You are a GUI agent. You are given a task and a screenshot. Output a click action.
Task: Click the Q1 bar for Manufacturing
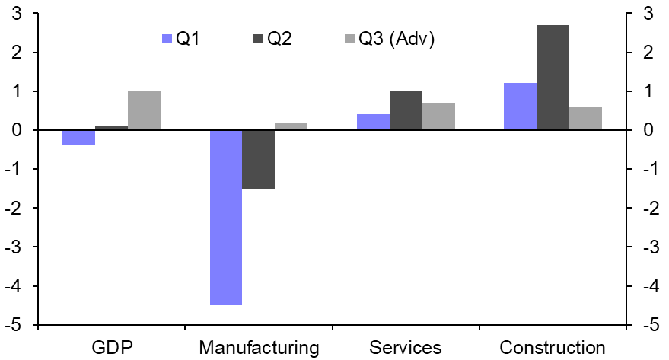pyautogui.click(x=225, y=218)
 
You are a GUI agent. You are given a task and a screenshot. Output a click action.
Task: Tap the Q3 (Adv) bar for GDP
pyautogui.click(x=144, y=111)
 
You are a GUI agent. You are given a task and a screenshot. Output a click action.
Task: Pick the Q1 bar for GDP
pyautogui.click(x=78, y=138)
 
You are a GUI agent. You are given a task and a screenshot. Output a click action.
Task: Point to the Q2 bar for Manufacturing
pyautogui.click(x=258, y=159)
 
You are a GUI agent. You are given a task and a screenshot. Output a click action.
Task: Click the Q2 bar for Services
pyautogui.click(x=406, y=111)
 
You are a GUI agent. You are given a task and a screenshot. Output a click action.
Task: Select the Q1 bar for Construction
pyautogui.click(x=520, y=107)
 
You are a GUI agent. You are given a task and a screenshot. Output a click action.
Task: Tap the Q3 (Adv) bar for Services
pyautogui.click(x=438, y=116)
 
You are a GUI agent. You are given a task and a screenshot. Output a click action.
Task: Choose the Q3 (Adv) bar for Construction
pyautogui.click(x=585, y=119)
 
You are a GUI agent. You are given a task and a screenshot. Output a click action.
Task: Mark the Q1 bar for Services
pyautogui.click(x=373, y=123)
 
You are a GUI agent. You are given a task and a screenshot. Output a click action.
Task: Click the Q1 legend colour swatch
pyautogui.click(x=167, y=39)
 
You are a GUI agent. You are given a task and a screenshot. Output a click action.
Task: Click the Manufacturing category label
pyautogui.click(x=259, y=348)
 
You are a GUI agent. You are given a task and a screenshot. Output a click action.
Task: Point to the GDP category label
pyautogui.click(x=111, y=348)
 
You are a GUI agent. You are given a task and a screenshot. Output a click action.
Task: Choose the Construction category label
pyautogui.click(x=553, y=348)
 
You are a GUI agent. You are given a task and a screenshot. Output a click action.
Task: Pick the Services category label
pyautogui.click(x=405, y=348)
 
